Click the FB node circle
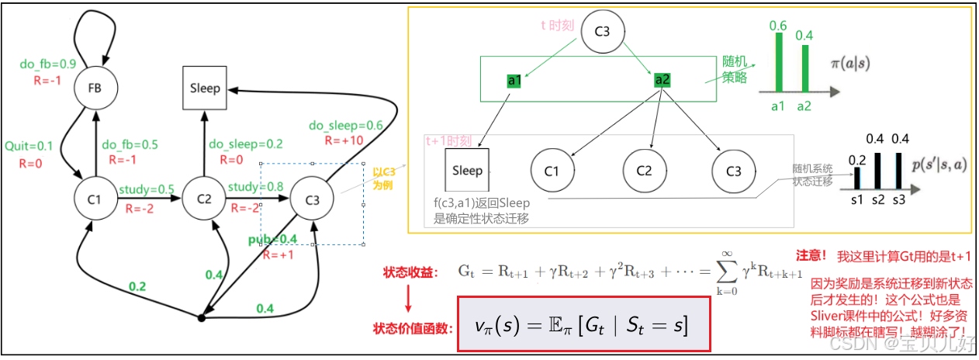95,89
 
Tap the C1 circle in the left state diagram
95,199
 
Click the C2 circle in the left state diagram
204,199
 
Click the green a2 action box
662,80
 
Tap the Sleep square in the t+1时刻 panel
467,170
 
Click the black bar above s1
858,178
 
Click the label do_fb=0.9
42,64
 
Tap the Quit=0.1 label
29,145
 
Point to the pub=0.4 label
272,238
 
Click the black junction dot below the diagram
201,318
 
